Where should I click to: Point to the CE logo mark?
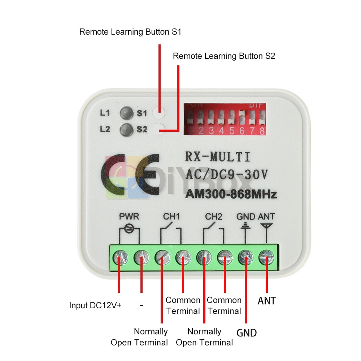(x=130, y=175)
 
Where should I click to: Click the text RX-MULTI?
(x=217, y=157)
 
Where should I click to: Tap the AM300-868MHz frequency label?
(x=231, y=195)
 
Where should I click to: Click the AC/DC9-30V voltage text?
(x=227, y=175)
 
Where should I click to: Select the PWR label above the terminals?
(x=129, y=217)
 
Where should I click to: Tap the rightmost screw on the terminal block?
(x=266, y=258)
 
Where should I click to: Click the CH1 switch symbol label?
(x=171, y=217)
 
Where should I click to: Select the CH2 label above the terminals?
(x=213, y=217)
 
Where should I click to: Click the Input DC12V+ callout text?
(x=95, y=305)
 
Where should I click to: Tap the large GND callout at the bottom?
(x=247, y=332)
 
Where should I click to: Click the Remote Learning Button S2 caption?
(x=224, y=56)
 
